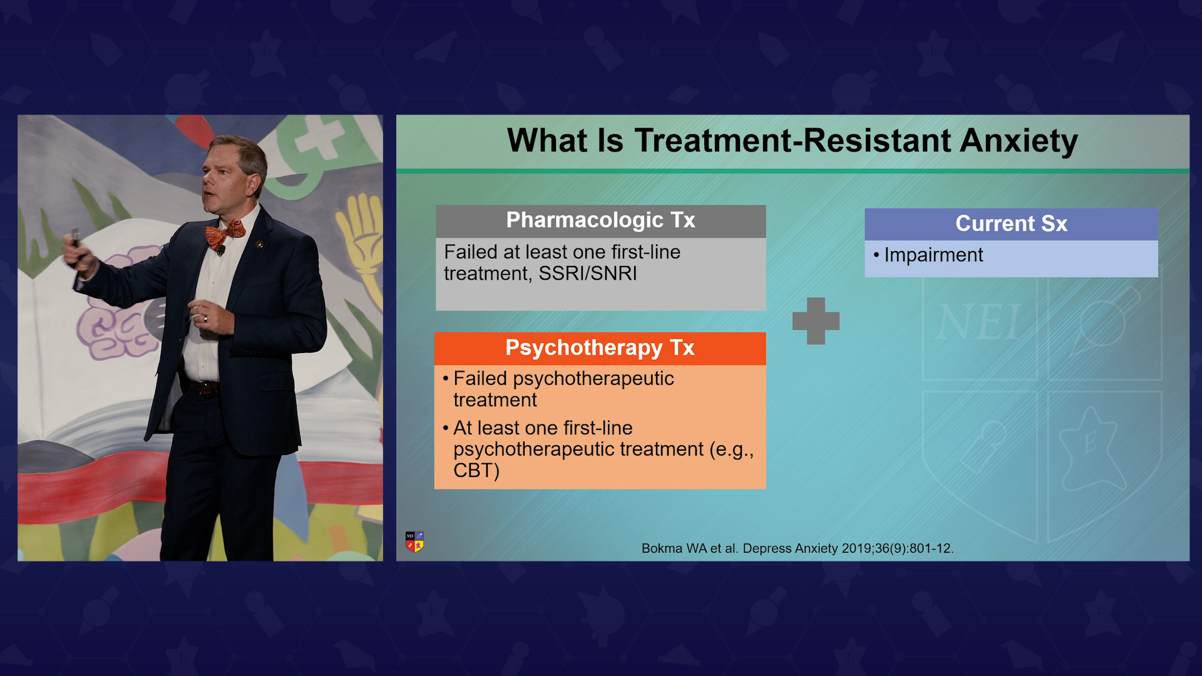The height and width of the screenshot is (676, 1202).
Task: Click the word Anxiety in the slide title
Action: point(1019,140)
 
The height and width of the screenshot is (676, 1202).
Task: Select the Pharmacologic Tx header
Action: point(600,221)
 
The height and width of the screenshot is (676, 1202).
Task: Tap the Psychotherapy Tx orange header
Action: point(600,348)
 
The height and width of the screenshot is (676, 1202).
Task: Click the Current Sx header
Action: point(1011,224)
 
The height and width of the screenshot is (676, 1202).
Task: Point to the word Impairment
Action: point(933,255)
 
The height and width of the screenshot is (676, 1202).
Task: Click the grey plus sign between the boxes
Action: point(816,320)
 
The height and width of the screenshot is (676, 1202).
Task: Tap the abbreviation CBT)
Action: point(476,471)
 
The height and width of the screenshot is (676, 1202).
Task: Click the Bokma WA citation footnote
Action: point(798,548)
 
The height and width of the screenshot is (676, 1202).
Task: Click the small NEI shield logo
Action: point(414,541)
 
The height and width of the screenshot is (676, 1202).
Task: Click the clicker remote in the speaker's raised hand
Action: point(76,241)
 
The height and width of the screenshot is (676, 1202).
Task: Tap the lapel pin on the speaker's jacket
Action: point(259,243)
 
